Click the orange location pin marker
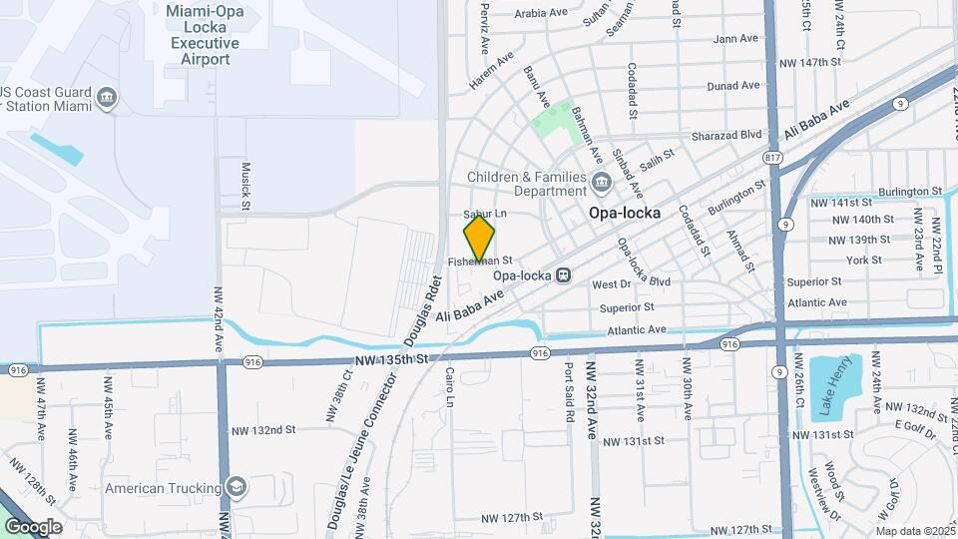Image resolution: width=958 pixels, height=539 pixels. pos(479,240)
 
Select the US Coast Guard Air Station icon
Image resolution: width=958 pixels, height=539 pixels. pos(108,98)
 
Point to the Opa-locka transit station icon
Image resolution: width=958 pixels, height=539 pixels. pos(563,274)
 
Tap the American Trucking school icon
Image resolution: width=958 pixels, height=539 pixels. pos(237,487)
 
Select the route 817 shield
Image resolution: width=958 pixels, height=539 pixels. pos(771,159)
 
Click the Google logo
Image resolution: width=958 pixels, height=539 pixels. pos(33,526)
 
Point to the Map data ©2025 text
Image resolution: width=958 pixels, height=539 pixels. pos(914,531)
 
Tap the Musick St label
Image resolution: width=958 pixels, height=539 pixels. pos(245,185)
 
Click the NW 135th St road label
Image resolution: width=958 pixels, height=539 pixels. pos(391,358)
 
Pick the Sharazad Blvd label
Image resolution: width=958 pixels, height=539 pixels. pos(727,134)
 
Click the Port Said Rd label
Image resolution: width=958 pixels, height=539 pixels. pos(569,389)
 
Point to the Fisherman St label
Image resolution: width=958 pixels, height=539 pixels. pos(480,262)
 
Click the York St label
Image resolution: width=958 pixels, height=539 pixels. pos(857,260)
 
